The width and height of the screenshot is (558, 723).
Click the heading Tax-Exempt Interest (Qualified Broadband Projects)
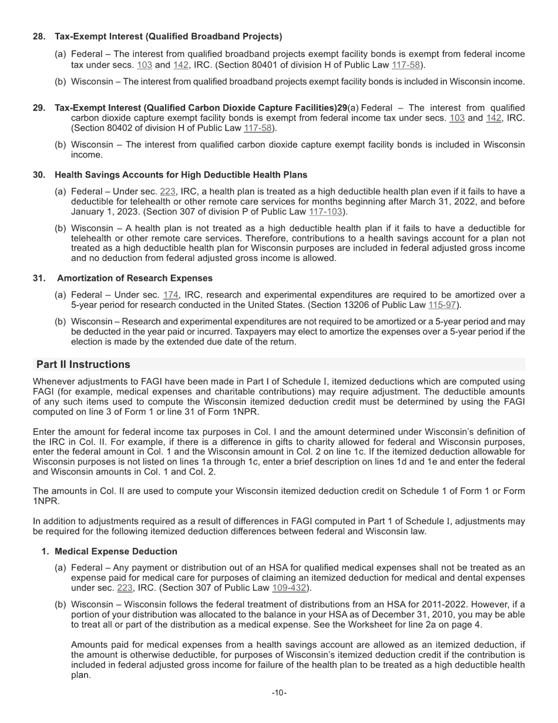click(x=168, y=36)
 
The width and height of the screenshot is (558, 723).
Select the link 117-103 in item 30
click(x=326, y=212)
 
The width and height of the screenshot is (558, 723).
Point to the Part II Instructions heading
click(x=83, y=364)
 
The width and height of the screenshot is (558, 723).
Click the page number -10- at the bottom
click(x=279, y=693)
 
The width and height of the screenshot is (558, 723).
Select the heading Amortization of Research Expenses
click(x=135, y=278)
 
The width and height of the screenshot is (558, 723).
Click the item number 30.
click(x=39, y=175)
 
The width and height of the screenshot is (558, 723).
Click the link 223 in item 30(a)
click(x=167, y=192)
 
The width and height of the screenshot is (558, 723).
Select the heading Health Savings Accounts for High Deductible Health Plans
click(x=181, y=175)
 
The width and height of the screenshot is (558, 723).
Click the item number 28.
click(x=39, y=36)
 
